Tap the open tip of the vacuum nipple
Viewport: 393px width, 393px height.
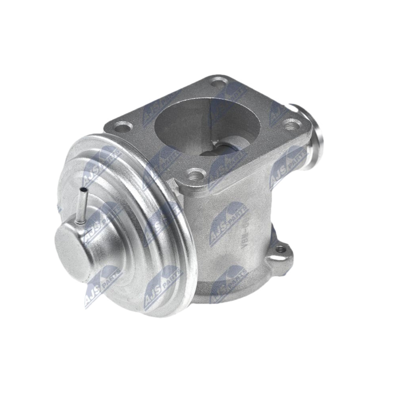[x=84, y=189]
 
